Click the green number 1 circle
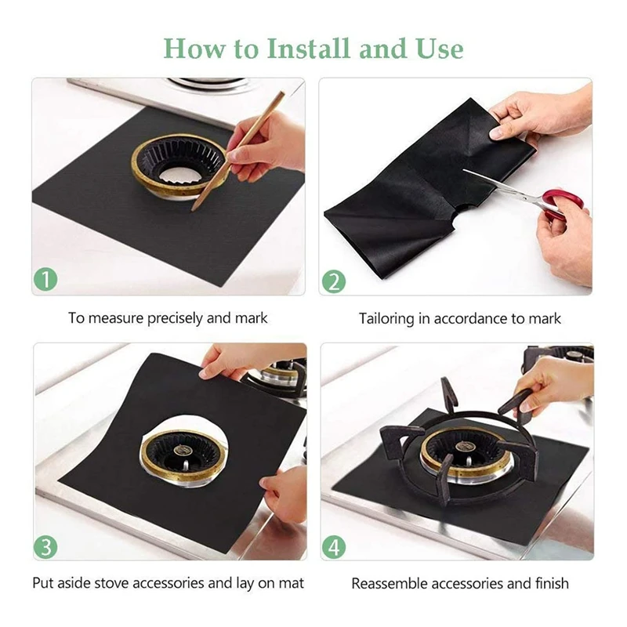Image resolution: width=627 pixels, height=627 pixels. [x=45, y=279]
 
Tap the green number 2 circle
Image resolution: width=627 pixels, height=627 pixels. [x=334, y=281]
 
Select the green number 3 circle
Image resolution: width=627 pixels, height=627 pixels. [x=45, y=546]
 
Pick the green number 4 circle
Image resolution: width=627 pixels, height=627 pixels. [x=334, y=546]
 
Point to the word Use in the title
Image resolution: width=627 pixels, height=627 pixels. [x=440, y=49]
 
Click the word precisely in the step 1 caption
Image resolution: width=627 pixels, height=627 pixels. [x=175, y=319]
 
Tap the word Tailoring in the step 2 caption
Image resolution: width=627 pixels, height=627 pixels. [x=386, y=319]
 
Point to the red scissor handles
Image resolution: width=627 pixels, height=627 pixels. [x=560, y=204]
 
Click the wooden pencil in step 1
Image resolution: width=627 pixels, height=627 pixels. [x=239, y=151]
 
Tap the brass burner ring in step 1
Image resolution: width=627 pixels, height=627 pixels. [x=180, y=165]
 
